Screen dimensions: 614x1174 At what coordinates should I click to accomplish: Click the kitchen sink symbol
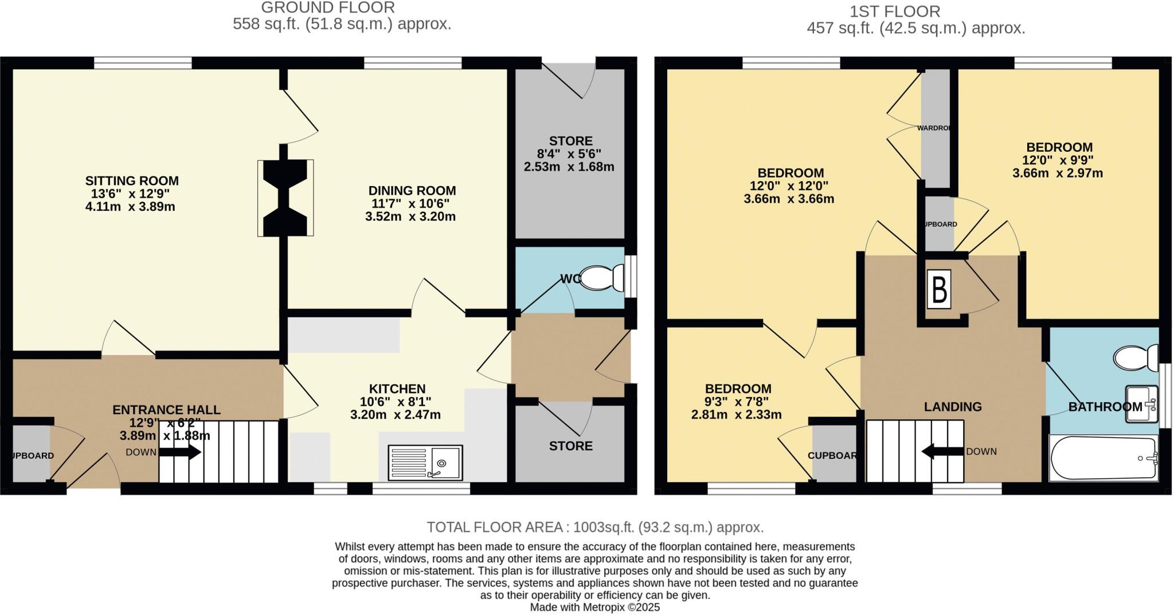[425, 463]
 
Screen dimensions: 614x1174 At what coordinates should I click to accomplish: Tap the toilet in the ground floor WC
[601, 277]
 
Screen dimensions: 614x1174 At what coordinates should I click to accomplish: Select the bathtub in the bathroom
[1103, 458]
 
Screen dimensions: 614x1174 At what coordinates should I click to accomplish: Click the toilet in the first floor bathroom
[1135, 359]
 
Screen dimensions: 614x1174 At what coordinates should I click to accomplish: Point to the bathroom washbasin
[1141, 404]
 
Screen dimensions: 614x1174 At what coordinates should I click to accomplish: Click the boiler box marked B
[939, 290]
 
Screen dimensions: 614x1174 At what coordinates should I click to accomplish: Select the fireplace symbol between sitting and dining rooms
[285, 198]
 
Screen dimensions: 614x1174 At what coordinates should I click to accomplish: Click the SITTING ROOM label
[132, 181]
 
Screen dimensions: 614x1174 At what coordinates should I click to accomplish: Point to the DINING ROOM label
[412, 191]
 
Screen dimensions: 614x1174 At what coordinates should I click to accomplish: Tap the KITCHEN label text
[397, 389]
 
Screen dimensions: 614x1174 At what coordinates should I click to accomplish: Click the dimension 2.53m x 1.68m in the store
[569, 167]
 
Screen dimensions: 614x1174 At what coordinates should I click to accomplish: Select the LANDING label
[952, 407]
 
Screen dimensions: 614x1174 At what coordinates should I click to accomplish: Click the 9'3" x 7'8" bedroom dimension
[737, 402]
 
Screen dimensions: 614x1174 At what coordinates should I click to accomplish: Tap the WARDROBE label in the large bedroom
[934, 128]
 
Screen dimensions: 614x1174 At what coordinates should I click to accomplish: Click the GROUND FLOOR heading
[328, 8]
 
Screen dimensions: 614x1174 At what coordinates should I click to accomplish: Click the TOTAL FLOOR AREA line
[595, 527]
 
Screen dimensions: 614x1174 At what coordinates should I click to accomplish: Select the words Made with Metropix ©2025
[595, 607]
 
